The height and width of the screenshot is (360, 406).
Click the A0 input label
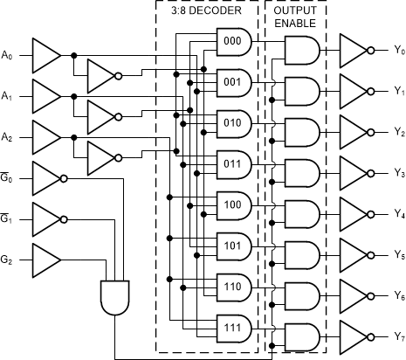(8, 55)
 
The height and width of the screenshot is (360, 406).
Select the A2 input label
(8, 137)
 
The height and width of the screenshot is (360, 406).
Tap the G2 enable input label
(8, 260)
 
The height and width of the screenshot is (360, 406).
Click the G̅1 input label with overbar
(8, 218)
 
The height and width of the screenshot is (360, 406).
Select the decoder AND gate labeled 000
(233, 41)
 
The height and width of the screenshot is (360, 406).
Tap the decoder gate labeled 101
(233, 245)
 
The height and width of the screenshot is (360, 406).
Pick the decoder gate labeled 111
(233, 326)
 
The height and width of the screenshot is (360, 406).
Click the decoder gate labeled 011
(233, 163)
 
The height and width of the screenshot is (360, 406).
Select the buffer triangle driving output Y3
(354, 173)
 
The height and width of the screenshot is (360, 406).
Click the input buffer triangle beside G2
(45, 259)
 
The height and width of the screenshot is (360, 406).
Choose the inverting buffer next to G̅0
(45, 177)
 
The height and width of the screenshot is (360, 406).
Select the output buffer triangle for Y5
(354, 254)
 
